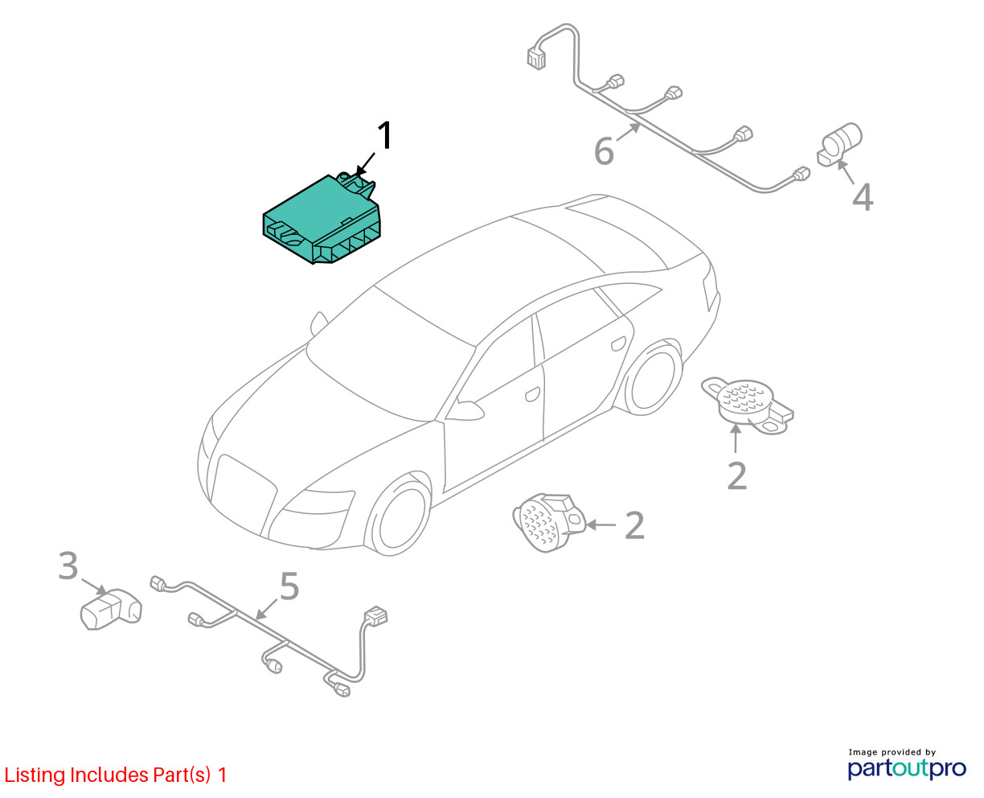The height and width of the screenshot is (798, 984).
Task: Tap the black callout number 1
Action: click(x=386, y=136)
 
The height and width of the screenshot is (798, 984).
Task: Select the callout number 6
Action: click(x=604, y=150)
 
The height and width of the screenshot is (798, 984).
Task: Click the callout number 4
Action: click(x=862, y=197)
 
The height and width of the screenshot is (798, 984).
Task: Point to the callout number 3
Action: click(x=69, y=566)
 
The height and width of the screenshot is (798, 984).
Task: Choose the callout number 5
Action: click(x=289, y=586)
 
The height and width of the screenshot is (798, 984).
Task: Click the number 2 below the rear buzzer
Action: click(x=736, y=475)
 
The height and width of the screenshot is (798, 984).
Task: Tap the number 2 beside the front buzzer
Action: click(x=634, y=525)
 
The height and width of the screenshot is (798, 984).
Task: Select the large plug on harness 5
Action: click(x=375, y=616)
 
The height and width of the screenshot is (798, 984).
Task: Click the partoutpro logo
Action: click(x=907, y=767)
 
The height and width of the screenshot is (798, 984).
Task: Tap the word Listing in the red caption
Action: click(x=35, y=775)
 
